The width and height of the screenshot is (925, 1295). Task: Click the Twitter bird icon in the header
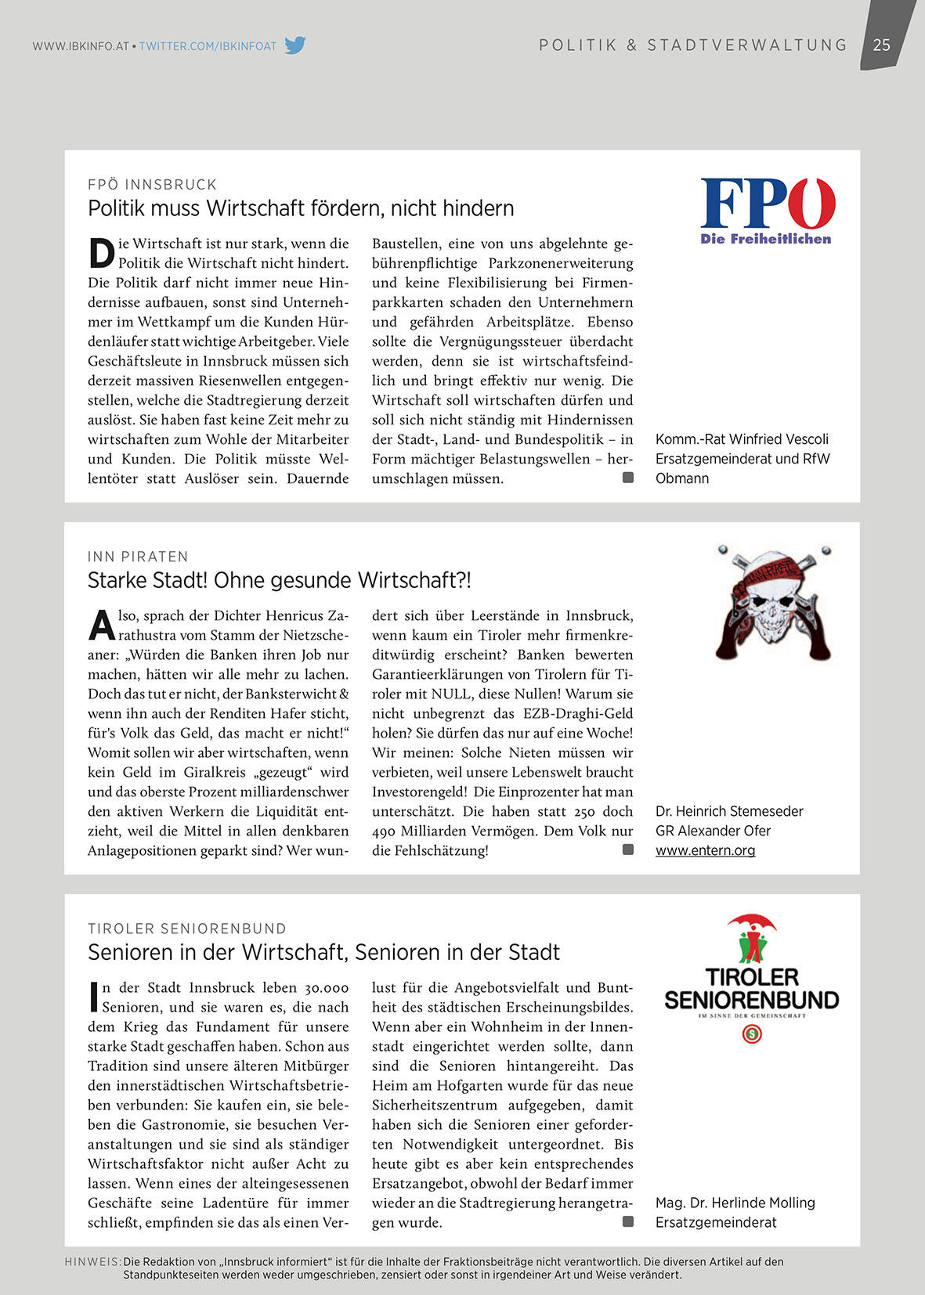click(x=294, y=45)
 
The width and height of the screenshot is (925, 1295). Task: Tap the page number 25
click(x=882, y=45)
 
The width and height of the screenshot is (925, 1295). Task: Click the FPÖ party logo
click(x=767, y=211)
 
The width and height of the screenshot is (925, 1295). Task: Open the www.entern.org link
click(x=705, y=850)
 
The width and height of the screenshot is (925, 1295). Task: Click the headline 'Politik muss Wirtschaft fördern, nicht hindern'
click(x=301, y=208)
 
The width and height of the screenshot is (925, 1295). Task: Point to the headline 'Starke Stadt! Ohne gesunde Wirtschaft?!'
click(x=280, y=580)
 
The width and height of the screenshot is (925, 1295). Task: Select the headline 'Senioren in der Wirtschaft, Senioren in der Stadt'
click(x=323, y=952)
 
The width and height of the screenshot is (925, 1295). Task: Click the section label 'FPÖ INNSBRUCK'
click(x=152, y=185)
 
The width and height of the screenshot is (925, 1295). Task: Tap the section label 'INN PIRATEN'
click(x=138, y=557)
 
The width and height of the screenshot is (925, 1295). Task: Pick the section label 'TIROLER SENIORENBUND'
click(x=187, y=929)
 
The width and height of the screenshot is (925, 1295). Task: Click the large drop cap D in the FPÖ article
click(x=101, y=254)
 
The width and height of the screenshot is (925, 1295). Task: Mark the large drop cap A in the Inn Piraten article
click(x=102, y=626)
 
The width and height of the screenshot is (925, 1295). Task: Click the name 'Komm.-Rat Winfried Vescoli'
click(x=742, y=439)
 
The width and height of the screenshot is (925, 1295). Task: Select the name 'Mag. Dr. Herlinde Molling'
click(x=735, y=1203)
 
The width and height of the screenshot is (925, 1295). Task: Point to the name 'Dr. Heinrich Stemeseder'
click(x=729, y=811)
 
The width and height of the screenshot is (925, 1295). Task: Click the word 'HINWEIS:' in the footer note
click(x=92, y=1262)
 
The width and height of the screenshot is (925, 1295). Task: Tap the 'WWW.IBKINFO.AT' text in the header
click(x=80, y=46)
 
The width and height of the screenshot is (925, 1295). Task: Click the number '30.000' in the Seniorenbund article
click(x=327, y=987)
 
